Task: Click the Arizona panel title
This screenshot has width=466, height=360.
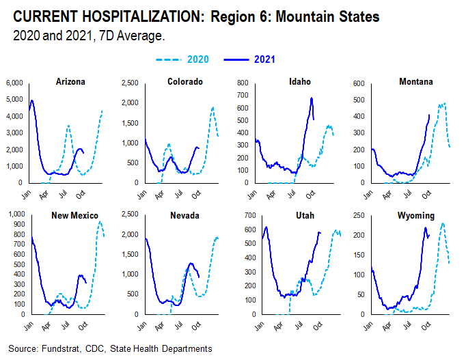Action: click(70, 82)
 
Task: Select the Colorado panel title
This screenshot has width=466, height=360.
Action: click(185, 82)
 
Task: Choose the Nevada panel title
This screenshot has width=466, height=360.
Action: click(185, 216)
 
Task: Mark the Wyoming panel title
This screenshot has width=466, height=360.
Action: click(415, 216)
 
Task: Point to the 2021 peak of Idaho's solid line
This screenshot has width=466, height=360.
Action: click(312, 98)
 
